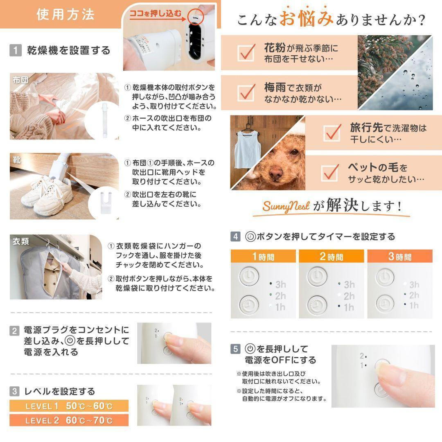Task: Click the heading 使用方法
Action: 65,14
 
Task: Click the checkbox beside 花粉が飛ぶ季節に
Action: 246,52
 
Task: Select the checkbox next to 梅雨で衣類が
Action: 246,92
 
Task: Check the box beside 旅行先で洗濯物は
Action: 332,133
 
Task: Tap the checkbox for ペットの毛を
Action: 330,173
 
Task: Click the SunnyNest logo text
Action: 286,206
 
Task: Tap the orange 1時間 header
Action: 263,256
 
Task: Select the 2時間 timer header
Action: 331,256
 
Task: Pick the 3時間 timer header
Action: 400,256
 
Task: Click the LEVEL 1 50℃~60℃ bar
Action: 69,406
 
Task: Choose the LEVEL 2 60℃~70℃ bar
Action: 69,420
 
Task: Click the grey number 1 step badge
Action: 16,50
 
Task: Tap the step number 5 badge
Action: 235,349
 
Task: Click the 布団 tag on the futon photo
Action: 20,80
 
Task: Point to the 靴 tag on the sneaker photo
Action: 17,160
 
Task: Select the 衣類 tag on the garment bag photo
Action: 20,241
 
